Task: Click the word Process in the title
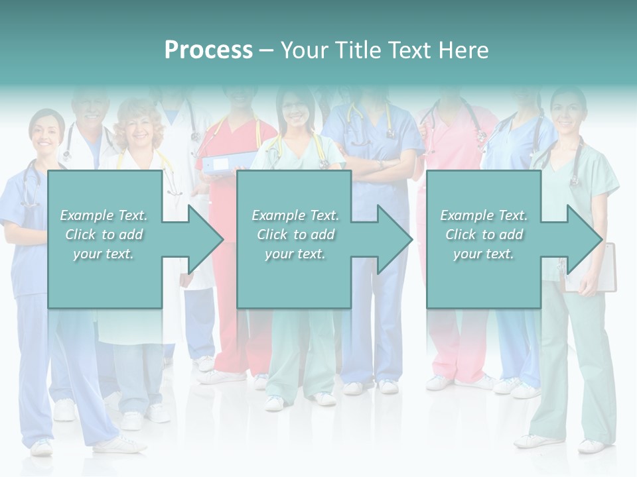tap(208, 50)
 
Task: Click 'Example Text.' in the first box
tap(104, 215)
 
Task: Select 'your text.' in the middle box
tap(295, 254)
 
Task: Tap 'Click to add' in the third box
tap(484, 235)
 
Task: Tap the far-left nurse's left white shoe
tap(42, 447)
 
